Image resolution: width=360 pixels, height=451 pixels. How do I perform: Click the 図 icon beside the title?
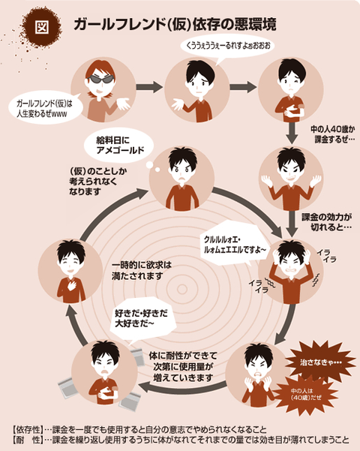42,27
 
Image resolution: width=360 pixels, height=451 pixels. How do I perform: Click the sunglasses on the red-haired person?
101,79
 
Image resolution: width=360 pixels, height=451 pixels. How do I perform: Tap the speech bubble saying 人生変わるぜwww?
45,109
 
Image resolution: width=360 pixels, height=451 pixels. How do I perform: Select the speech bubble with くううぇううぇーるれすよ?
227,47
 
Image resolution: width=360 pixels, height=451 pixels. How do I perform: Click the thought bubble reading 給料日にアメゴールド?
118,146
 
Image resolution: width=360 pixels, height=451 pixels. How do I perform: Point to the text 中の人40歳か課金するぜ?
332,134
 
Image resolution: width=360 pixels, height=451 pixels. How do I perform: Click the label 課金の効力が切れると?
327,222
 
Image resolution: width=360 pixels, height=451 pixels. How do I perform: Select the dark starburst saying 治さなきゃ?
320,362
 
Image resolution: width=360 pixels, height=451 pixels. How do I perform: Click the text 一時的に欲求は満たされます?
142,270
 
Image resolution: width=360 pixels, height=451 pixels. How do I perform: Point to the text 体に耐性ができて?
183,356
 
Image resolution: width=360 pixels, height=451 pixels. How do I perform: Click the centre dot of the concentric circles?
181,290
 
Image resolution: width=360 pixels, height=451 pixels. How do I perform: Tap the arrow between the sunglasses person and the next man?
149,87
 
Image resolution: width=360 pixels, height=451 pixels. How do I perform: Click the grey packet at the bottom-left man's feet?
70,387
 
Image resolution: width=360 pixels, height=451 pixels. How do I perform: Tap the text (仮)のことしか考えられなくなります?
98,182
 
